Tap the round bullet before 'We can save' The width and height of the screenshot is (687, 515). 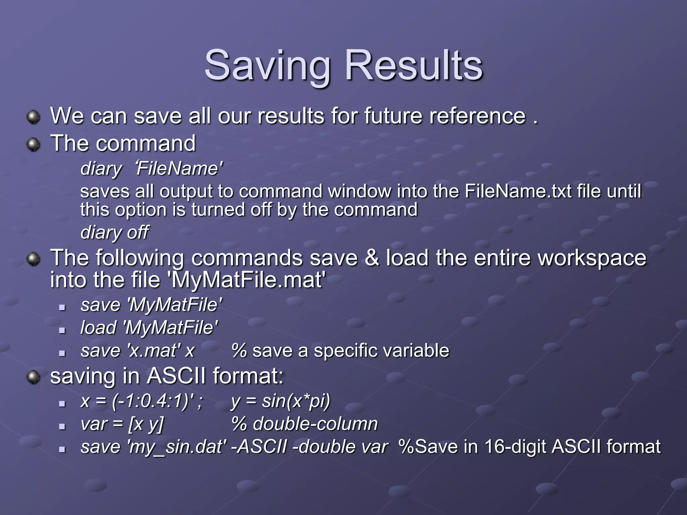(33, 117)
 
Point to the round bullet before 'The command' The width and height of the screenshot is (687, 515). (33, 145)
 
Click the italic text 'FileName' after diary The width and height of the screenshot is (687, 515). (179, 168)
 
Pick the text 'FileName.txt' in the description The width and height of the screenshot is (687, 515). (518, 191)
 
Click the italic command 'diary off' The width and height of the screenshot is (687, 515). (114, 232)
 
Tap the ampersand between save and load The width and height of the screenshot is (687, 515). (371, 258)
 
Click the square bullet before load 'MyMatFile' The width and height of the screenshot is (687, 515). (62, 330)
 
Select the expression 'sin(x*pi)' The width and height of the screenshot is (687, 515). (296, 401)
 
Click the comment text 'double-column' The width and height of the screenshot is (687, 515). (315, 424)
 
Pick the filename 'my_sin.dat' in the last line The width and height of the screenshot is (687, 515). (176, 447)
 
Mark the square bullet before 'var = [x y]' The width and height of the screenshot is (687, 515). (62, 426)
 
